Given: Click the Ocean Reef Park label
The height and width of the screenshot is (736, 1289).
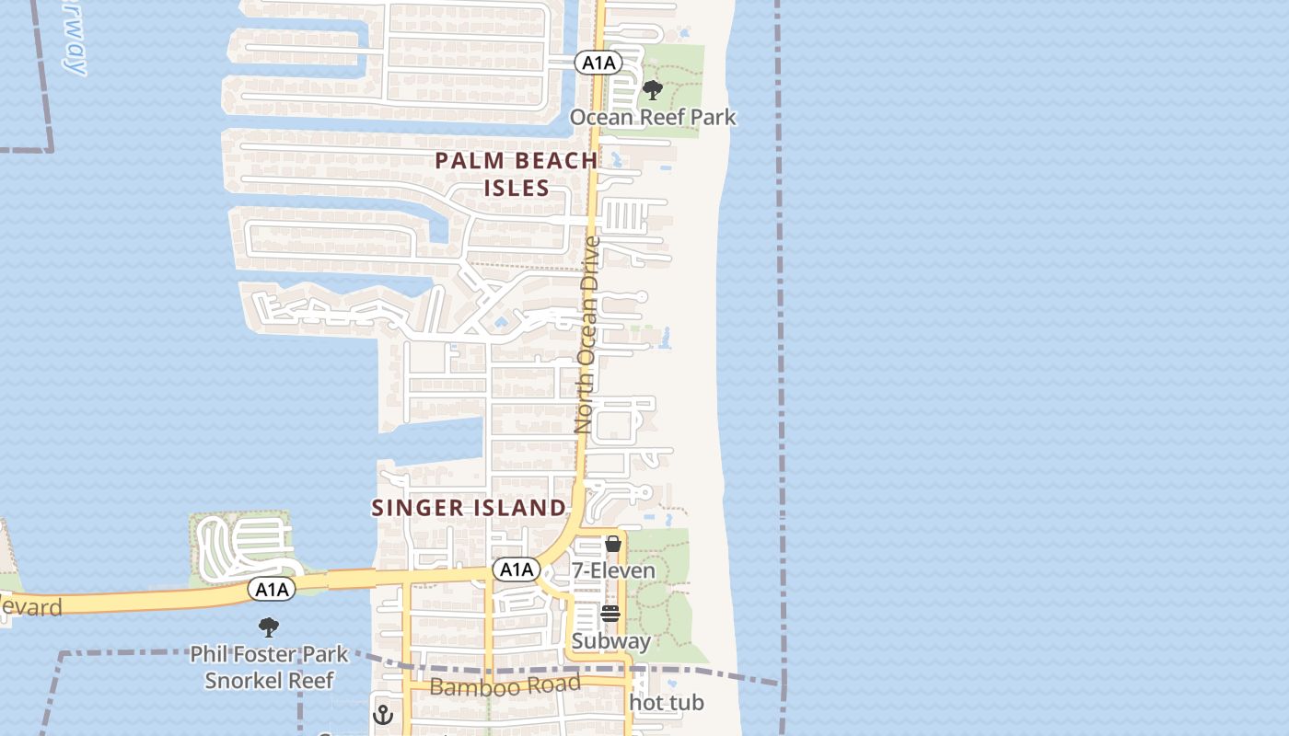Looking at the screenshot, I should click(653, 118).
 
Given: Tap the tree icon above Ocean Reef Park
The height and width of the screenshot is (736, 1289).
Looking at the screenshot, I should click(653, 90).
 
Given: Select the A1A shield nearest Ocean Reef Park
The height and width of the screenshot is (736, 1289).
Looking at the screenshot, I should click(598, 63).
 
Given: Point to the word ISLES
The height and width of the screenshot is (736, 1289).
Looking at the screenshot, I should click(517, 189).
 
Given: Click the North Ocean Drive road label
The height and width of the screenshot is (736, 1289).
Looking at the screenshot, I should click(586, 335).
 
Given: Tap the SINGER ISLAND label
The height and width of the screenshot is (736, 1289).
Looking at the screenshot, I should click(469, 508).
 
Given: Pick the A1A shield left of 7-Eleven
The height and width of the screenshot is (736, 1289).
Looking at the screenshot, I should click(516, 569).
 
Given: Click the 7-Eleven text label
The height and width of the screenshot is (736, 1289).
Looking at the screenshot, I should click(614, 571).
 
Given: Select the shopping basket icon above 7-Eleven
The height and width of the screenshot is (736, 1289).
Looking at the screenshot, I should click(613, 544).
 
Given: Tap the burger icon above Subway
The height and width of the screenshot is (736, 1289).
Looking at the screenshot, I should click(610, 614).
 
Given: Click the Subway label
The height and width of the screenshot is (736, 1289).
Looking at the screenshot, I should click(611, 641).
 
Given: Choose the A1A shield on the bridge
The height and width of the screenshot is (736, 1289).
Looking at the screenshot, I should click(271, 590).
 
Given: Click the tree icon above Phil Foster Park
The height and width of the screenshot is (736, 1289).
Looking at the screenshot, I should click(269, 627).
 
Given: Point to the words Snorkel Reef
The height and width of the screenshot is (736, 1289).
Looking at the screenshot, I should click(269, 681).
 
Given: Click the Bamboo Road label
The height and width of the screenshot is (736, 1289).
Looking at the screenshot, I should click(505, 685).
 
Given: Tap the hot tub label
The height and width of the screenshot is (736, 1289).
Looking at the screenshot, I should click(667, 703).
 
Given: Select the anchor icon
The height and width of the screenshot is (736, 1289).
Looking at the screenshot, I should click(383, 714).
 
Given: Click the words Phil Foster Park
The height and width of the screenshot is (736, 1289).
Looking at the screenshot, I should click(269, 655).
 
